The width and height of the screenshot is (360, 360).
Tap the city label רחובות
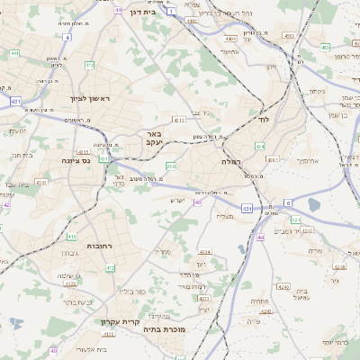(97, 245)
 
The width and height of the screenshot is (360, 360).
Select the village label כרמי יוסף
(339, 343)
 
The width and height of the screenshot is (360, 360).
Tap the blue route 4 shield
(67, 38)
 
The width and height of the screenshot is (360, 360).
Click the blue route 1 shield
(170, 12)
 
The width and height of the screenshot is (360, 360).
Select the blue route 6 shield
(287, 202)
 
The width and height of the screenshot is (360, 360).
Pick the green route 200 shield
(171, 166)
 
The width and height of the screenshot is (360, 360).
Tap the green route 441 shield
(14, 54)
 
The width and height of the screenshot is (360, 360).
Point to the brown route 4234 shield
(204, 253)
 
